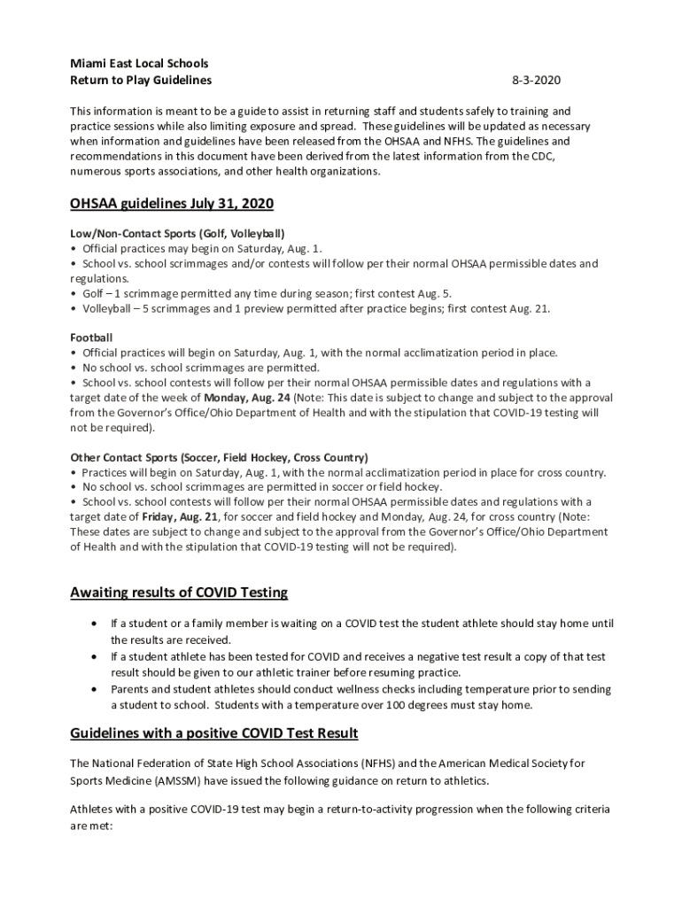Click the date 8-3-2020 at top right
click(x=536, y=81)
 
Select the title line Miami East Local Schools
click(x=139, y=64)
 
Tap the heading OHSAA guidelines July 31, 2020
click(x=172, y=204)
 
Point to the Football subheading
click(x=91, y=337)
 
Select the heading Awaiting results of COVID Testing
click(x=179, y=592)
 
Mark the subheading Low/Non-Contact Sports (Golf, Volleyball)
click(x=177, y=234)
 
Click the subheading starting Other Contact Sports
click(x=206, y=457)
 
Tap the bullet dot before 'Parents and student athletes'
click(x=95, y=689)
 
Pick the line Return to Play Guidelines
click(x=141, y=81)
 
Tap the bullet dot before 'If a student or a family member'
click(x=95, y=624)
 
